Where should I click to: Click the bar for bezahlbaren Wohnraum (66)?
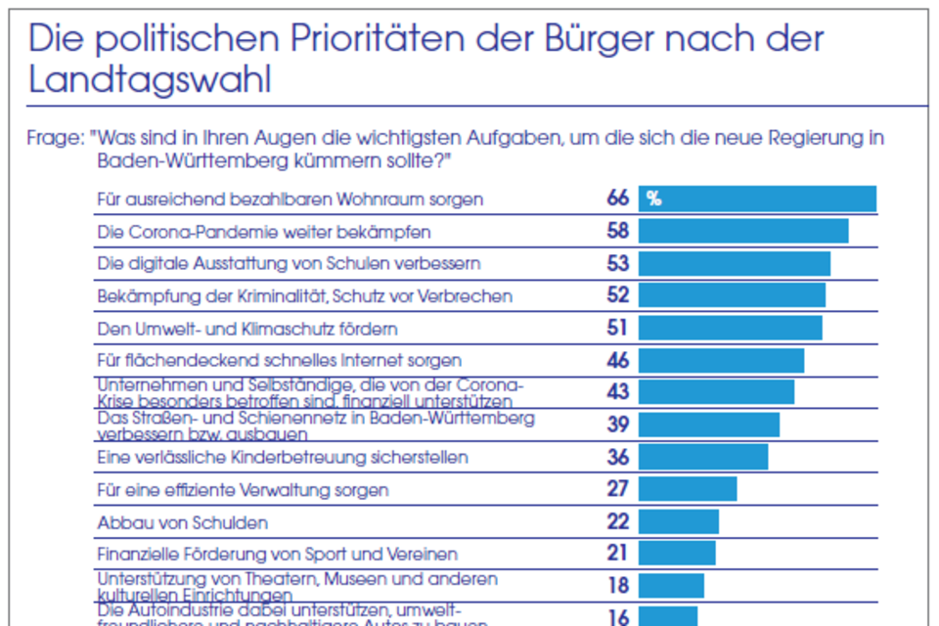[x=757, y=199]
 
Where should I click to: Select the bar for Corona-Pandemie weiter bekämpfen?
[x=743, y=231]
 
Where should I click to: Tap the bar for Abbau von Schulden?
[x=679, y=521]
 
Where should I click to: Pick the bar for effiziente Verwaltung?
[x=688, y=489]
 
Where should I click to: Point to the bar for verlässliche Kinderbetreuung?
[x=703, y=457]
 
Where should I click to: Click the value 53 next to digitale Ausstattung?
[x=618, y=264]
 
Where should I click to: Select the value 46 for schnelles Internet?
[x=618, y=361]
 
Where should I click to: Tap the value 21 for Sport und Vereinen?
[x=617, y=554]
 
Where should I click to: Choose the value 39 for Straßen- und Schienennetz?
[x=618, y=425]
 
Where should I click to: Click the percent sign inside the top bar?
[x=653, y=200]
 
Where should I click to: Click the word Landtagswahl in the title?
[x=150, y=80]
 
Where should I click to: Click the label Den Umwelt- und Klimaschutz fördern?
[x=247, y=329]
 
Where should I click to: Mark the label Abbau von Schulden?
[x=182, y=522]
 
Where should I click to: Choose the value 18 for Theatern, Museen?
[x=617, y=586]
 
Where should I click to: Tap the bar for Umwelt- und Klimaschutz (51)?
[x=731, y=328]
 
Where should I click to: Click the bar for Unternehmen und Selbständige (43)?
[x=717, y=392]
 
